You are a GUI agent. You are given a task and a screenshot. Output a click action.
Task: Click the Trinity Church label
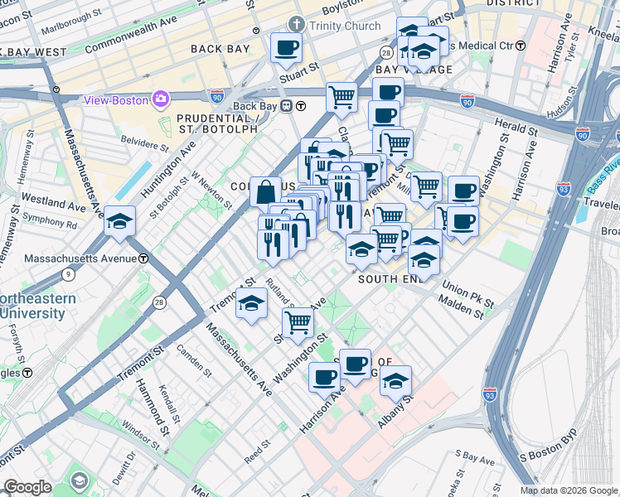tap(344, 26)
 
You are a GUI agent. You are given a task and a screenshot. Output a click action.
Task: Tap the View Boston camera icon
tap(160, 100)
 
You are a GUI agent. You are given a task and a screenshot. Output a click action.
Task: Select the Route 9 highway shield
tap(68, 273)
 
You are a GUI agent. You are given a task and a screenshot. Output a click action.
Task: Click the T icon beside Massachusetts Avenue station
tap(143, 258)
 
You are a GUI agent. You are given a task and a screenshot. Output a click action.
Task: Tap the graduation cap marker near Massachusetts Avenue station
tap(120, 221)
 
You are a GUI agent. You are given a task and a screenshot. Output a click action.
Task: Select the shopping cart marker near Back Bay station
tap(341, 98)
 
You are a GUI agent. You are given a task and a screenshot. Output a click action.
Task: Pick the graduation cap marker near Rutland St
tap(251, 303)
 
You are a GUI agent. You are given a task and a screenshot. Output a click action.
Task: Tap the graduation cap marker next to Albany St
tap(396, 381)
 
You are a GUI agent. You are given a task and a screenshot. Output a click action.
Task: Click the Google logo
tap(27, 487)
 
